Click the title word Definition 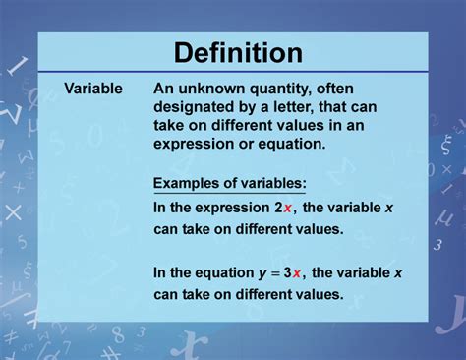[x=232, y=51]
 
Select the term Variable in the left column [x=93, y=89]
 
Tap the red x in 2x [x=287, y=208]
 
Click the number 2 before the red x [x=278, y=207]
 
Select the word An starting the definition [x=163, y=89]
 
